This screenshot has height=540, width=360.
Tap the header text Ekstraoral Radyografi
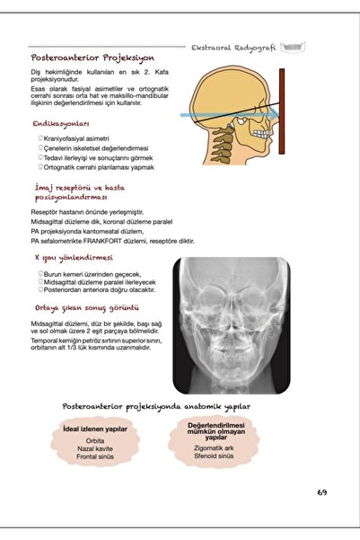(236, 48)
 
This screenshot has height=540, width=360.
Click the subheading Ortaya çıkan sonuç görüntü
(86, 307)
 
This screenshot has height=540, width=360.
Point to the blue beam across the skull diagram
(224, 116)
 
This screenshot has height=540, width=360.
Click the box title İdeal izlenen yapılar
(95, 429)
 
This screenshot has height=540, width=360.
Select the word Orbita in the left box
(95, 441)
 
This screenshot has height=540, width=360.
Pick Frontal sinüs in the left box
(95, 457)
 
